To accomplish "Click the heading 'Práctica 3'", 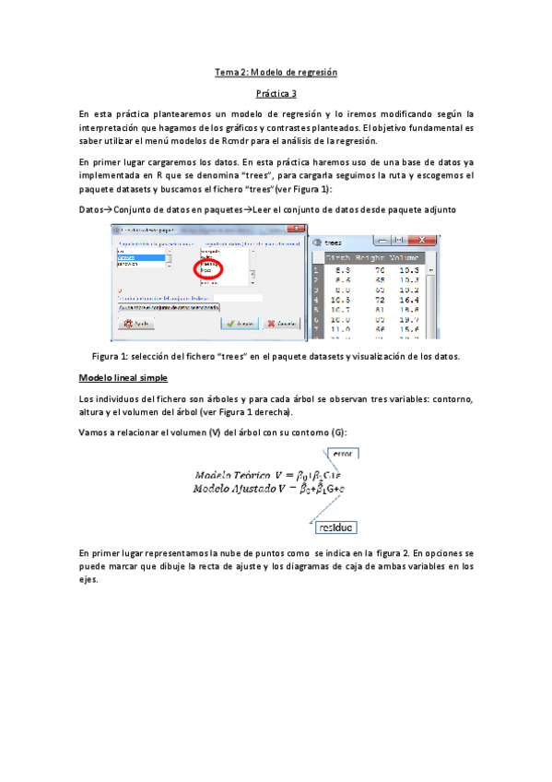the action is (276, 93).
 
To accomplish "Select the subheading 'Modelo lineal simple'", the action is (123, 378).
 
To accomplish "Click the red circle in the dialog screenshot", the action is (210, 268).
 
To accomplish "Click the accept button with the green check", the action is (239, 324).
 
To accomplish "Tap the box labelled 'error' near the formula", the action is (341, 453).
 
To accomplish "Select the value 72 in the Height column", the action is (379, 300).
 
